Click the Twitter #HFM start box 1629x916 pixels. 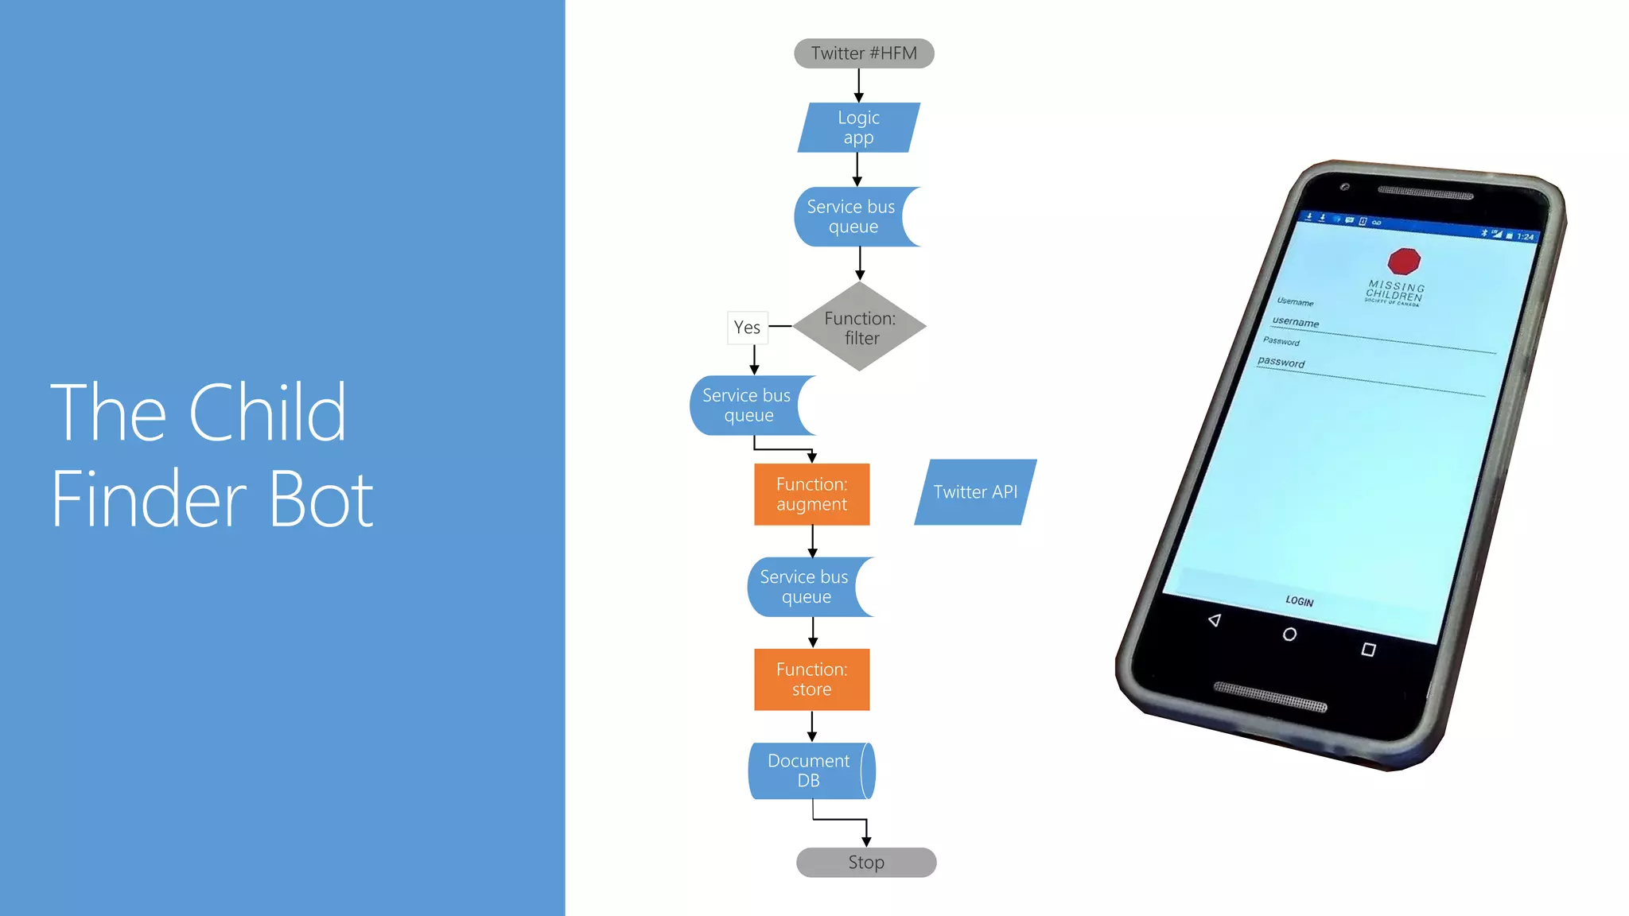pyautogui.click(x=864, y=53)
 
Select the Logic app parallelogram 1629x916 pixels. pyautogui.click(x=858, y=127)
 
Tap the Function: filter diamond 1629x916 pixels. pyautogui.click(x=860, y=327)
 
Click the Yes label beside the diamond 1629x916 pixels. pyautogui.click(x=747, y=328)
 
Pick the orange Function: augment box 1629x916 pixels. pyautogui.click(x=811, y=495)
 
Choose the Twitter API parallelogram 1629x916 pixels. pyautogui.click(x=975, y=492)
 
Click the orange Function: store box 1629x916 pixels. pyautogui.click(x=811, y=680)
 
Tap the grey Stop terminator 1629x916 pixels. pyautogui.click(x=866, y=863)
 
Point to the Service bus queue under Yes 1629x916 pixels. pyautogui.click(x=747, y=406)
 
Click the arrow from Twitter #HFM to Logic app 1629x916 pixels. pyautogui.click(x=859, y=85)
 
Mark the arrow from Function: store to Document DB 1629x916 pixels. pyautogui.click(x=812, y=726)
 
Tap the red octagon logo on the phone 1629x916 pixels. pyautogui.click(x=1404, y=260)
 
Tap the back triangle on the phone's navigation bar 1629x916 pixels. pyautogui.click(x=1215, y=620)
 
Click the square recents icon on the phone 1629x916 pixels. pyautogui.click(x=1368, y=650)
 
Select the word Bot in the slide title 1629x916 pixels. pyautogui.click(x=321, y=500)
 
